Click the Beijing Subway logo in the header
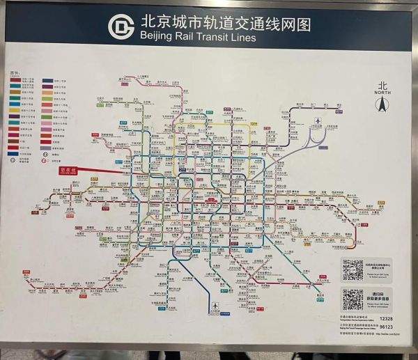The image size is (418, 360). tap(121, 26)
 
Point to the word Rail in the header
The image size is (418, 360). tap(185, 37)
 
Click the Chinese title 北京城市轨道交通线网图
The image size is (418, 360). tap(224, 22)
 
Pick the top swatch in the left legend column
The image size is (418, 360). tap(15, 80)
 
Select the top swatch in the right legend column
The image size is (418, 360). tap(47, 80)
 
